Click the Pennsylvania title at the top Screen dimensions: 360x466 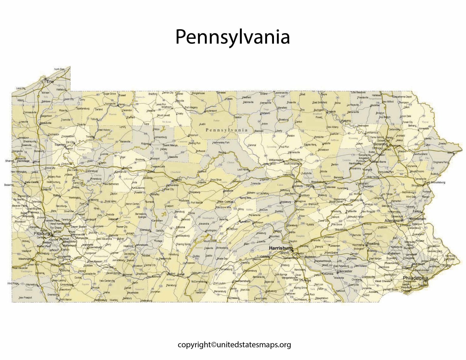[x=232, y=37]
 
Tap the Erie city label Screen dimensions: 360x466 [x=50, y=82]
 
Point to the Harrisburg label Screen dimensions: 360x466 [x=281, y=248]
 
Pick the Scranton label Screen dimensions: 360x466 [x=380, y=144]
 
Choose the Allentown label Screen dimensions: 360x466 [x=393, y=220]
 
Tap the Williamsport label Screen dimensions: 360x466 [x=276, y=160]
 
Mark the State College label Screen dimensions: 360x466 [x=225, y=202]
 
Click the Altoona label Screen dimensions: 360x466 [x=180, y=227]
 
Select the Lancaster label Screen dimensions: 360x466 [x=345, y=271]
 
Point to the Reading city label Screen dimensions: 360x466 [x=373, y=244]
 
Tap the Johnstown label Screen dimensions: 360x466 [x=141, y=245]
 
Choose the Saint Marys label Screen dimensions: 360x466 [x=170, y=145]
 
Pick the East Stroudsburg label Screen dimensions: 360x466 [x=435, y=182]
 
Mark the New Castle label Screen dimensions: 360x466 [x=32, y=182]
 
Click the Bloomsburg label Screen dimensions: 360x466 [x=318, y=182]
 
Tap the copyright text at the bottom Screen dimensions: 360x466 [x=234, y=345]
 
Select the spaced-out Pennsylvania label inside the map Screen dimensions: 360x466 [x=226, y=130]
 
